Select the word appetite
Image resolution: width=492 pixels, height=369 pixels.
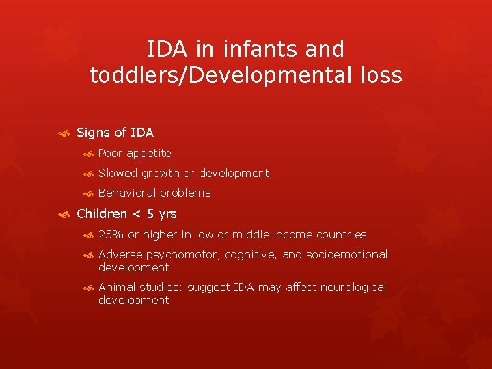pos(149,153)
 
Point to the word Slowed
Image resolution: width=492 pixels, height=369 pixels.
pos(118,173)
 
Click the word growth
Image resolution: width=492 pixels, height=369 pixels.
pos(161,173)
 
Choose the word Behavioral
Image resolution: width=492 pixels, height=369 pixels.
pos(127,193)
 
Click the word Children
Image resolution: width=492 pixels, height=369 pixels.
pos(101,214)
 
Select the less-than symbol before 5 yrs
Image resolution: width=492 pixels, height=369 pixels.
pos(137,214)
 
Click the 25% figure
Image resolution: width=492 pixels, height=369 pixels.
pos(111,234)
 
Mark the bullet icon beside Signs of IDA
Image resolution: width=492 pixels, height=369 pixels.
pos(65,133)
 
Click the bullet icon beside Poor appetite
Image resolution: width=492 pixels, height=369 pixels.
pos(87,154)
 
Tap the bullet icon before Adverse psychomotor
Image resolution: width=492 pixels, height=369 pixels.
pos(87,255)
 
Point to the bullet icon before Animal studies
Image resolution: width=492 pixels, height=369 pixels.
pos(87,288)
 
